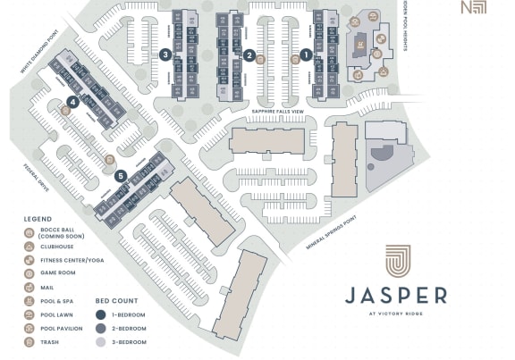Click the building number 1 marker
point(306,54)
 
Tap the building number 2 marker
point(249,54)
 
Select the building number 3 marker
point(165,54)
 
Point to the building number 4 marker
point(72,102)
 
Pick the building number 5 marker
point(120,175)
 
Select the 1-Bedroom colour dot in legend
point(101,314)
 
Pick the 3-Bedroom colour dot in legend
point(101,342)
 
